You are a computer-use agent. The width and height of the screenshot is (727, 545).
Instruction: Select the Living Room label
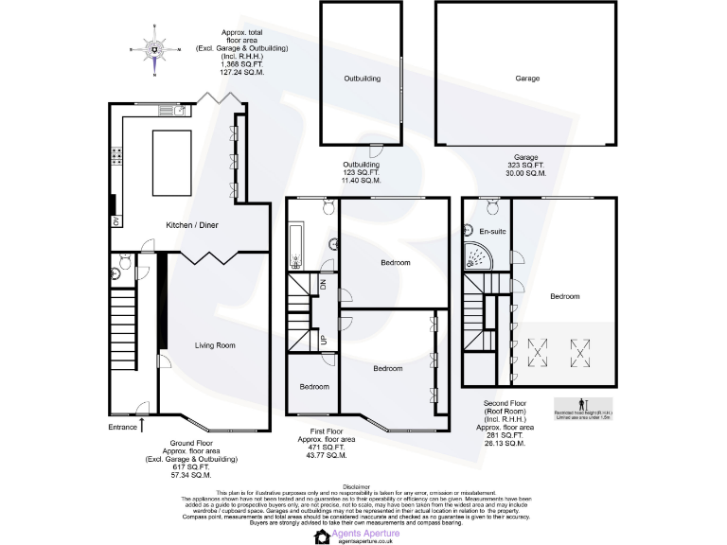pyautogui.click(x=215, y=345)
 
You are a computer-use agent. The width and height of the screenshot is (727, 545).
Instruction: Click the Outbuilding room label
pyautogui.click(x=362, y=79)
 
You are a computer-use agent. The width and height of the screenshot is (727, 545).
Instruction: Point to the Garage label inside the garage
pyautogui.click(x=527, y=79)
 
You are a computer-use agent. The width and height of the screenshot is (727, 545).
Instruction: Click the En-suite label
pyautogui.click(x=491, y=231)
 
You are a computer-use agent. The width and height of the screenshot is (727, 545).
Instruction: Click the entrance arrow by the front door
pyautogui.click(x=142, y=422)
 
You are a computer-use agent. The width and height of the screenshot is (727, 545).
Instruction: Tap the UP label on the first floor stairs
pyautogui.click(x=323, y=338)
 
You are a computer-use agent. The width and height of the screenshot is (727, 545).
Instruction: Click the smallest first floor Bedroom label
pyautogui.click(x=314, y=386)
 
